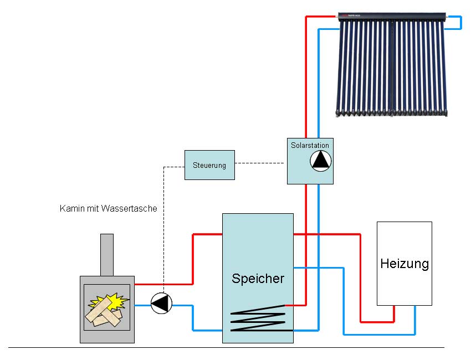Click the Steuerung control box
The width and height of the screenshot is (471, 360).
(209, 165)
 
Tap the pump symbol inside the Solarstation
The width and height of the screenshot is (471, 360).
(321, 160)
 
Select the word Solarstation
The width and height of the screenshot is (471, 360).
(310, 146)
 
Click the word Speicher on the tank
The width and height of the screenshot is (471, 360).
(258, 278)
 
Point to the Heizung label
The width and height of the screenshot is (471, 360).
(405, 264)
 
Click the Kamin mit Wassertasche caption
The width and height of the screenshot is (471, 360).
(108, 209)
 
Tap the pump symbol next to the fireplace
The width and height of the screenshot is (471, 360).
(162, 303)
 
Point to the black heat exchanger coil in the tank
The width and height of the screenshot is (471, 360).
(258, 320)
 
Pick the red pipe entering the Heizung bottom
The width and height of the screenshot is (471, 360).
(394, 314)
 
